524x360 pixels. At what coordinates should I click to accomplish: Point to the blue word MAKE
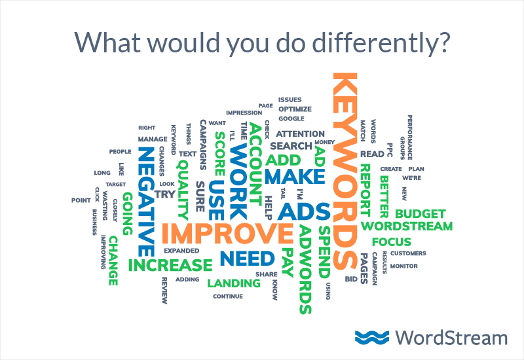click(x=294, y=176)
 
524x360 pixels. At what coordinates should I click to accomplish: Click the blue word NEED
click(x=247, y=258)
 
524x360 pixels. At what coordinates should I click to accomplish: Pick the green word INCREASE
click(x=170, y=266)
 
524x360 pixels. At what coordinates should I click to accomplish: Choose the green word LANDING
click(x=233, y=283)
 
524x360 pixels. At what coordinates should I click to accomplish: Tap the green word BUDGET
click(x=420, y=213)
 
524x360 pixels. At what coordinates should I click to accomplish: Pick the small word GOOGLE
click(x=291, y=118)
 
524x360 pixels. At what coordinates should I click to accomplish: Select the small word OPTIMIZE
click(x=295, y=109)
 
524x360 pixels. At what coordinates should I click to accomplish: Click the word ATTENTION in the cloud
click(x=305, y=134)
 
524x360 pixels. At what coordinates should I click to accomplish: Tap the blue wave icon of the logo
click(x=371, y=337)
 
